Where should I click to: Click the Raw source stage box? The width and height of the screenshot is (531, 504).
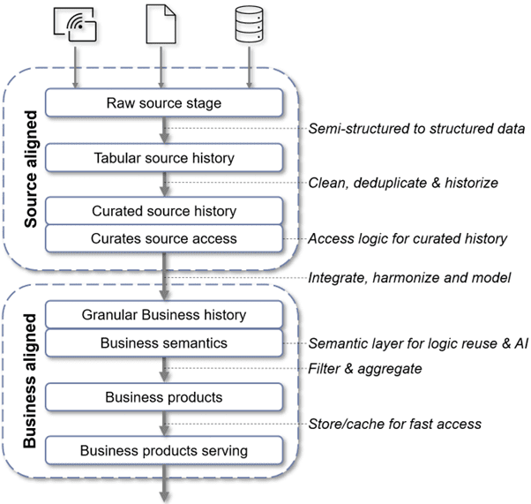[164, 103]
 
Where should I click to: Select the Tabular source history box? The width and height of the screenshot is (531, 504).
[164, 158]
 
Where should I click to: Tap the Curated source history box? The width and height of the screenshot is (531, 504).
[164, 212]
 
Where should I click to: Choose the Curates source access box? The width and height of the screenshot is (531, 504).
[164, 238]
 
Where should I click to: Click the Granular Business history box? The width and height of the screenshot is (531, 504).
[164, 314]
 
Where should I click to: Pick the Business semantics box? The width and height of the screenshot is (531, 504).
[164, 342]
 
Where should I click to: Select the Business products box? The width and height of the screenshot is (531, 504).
[164, 396]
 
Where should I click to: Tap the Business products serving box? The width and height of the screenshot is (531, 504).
[164, 451]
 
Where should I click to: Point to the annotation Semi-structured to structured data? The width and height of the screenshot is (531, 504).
[416, 129]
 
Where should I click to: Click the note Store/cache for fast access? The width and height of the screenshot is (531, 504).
[394, 424]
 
